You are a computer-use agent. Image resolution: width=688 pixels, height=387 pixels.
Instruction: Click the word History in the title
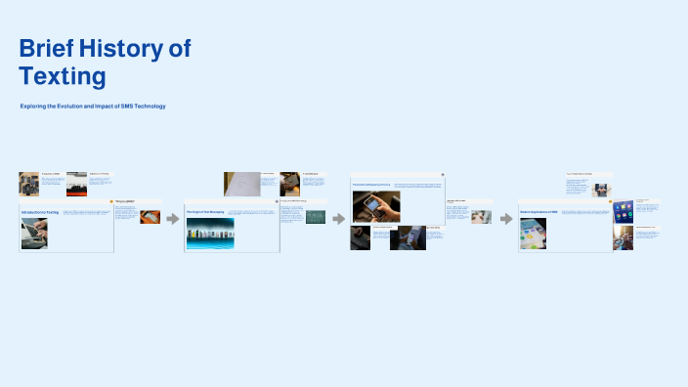coord(115,49)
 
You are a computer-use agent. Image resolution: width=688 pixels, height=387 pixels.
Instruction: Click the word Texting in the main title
coord(62,75)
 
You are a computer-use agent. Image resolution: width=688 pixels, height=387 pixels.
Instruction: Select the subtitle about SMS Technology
coord(93,106)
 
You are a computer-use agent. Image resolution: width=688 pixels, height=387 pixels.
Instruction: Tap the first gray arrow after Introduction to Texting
coord(172,219)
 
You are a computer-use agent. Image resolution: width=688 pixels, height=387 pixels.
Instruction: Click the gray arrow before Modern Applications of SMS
coord(505,219)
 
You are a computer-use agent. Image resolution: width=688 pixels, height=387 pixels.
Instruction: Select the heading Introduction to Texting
coord(40,212)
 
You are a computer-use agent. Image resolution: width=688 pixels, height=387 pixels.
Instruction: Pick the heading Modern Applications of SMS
coord(538,212)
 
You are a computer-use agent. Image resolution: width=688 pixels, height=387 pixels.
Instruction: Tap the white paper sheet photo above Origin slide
coord(241,184)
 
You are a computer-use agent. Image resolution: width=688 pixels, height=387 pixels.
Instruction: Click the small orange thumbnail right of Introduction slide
coord(150,217)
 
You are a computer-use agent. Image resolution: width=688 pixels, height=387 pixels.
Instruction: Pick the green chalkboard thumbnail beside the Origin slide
coord(316,218)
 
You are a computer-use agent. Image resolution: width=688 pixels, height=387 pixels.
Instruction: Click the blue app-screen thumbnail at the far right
coord(623,208)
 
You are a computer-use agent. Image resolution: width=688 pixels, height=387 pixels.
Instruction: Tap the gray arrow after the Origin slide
coord(339,219)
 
